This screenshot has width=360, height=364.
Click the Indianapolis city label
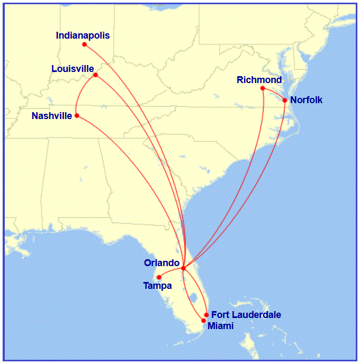pyautogui.click(x=83, y=35)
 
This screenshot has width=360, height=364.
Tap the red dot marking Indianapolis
pyautogui.click(x=85, y=44)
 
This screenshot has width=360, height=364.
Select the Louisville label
pyautogui.click(x=73, y=69)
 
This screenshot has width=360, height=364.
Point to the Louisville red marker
pyautogui.click(x=95, y=75)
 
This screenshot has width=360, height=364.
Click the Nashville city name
pyautogui.click(x=51, y=116)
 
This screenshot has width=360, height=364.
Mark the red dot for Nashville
pyautogui.click(x=77, y=115)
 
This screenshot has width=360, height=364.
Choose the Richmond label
pyautogui.click(x=259, y=80)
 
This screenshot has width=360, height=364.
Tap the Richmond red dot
pyautogui.click(x=263, y=88)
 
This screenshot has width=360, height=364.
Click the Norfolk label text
pyautogui.click(x=307, y=100)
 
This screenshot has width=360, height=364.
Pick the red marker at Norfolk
pyautogui.click(x=285, y=100)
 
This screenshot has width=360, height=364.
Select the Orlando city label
pyautogui.click(x=161, y=262)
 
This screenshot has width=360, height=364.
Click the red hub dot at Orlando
pyautogui.click(x=183, y=268)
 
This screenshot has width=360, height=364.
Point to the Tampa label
pyautogui.click(x=157, y=286)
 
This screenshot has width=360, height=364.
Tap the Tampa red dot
pyautogui.click(x=159, y=277)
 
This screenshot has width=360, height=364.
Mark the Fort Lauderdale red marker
pyautogui.click(x=206, y=315)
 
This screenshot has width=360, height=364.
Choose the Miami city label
pyautogui.click(x=220, y=325)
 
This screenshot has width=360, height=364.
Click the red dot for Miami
pyautogui.click(x=204, y=321)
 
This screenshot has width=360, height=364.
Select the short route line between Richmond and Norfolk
pyautogui.click(x=274, y=93)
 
